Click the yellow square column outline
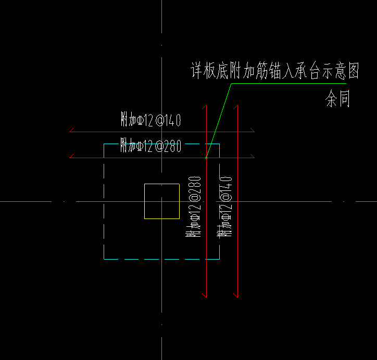pyautogui.click(x=145, y=201)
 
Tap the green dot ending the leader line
pyautogui.click(x=206, y=157)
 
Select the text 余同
pyautogui.click(x=337, y=99)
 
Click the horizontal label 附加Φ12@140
pyautogui.click(x=150, y=121)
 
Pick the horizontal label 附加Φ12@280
pyautogui.click(x=150, y=146)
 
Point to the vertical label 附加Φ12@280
pyautogui.click(x=193, y=207)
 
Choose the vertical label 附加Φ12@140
pyautogui.click(x=226, y=207)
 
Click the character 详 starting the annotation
pyautogui.click(x=196, y=71)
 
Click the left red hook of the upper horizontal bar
pyautogui.click(x=72, y=130)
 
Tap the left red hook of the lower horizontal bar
pyautogui.click(x=72, y=156)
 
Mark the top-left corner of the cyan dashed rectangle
pyautogui.click(x=105, y=144)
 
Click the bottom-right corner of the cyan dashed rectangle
pyautogui.click(x=219, y=259)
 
